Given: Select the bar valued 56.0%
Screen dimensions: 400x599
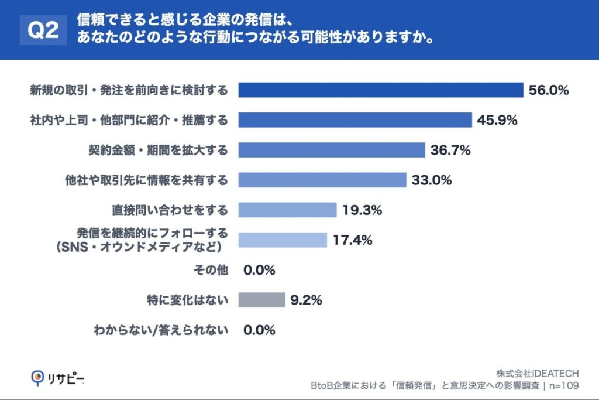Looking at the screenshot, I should (380, 90).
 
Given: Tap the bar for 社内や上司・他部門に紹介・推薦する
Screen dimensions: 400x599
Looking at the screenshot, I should (355, 120).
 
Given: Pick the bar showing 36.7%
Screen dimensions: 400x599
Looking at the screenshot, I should (332, 150).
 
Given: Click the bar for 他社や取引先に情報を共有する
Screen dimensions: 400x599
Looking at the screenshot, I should (322, 180).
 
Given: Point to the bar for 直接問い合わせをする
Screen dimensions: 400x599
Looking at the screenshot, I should (288, 210).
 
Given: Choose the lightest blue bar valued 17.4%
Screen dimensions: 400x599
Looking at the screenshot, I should (283, 240).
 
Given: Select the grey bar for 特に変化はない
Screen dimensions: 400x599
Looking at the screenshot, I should (261, 300).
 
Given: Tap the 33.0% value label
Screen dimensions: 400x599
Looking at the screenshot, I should (432, 180).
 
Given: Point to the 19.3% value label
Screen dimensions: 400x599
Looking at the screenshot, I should (362, 210).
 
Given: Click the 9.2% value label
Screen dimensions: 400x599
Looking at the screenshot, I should (306, 300).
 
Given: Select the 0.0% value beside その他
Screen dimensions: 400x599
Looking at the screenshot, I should (259, 270).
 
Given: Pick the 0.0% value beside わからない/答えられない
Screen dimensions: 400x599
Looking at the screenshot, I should (259, 330).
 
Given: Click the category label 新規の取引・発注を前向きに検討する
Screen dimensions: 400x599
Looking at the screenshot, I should (129, 90).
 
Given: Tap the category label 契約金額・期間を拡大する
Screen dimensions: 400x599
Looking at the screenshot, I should (154, 150).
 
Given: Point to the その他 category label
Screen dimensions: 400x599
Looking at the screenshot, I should (210, 270).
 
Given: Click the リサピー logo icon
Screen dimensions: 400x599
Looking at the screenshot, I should (37, 378).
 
